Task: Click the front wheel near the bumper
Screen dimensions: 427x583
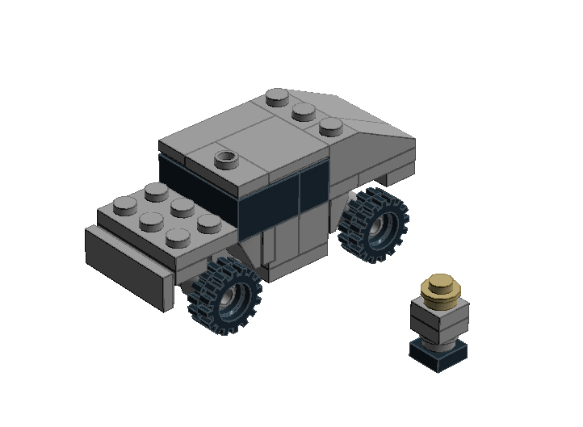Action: pos(225,295)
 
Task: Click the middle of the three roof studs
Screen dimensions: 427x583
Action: pos(304,111)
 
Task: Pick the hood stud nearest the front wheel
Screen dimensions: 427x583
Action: pos(177,237)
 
